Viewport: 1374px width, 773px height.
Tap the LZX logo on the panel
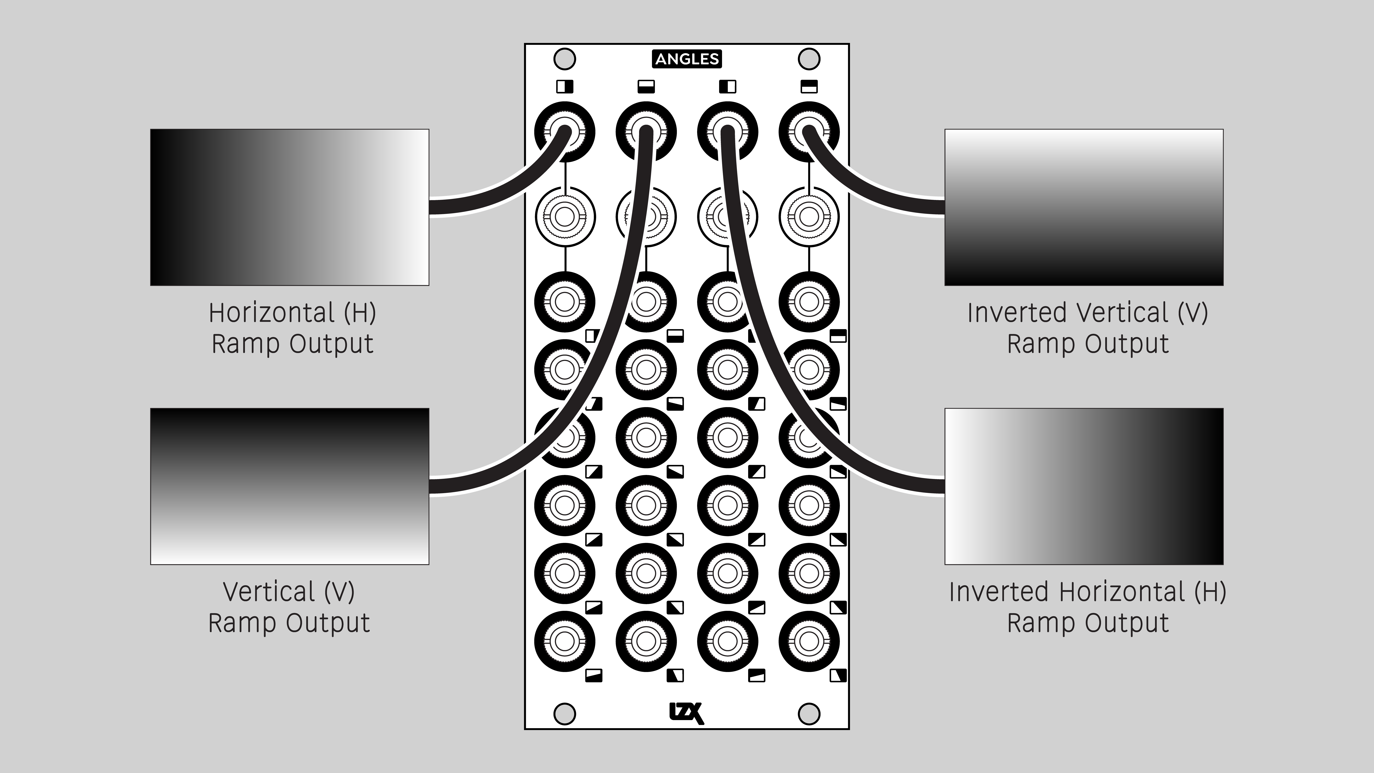coord(686,713)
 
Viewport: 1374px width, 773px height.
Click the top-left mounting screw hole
coord(565,59)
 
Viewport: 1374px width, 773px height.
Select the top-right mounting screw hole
coord(809,59)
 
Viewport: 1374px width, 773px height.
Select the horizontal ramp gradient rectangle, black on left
coord(290,207)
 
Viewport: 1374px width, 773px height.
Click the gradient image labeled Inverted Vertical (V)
coord(1084,207)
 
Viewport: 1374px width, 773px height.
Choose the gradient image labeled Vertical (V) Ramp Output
coord(290,486)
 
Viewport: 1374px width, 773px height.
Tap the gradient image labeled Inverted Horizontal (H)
coord(1084,486)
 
